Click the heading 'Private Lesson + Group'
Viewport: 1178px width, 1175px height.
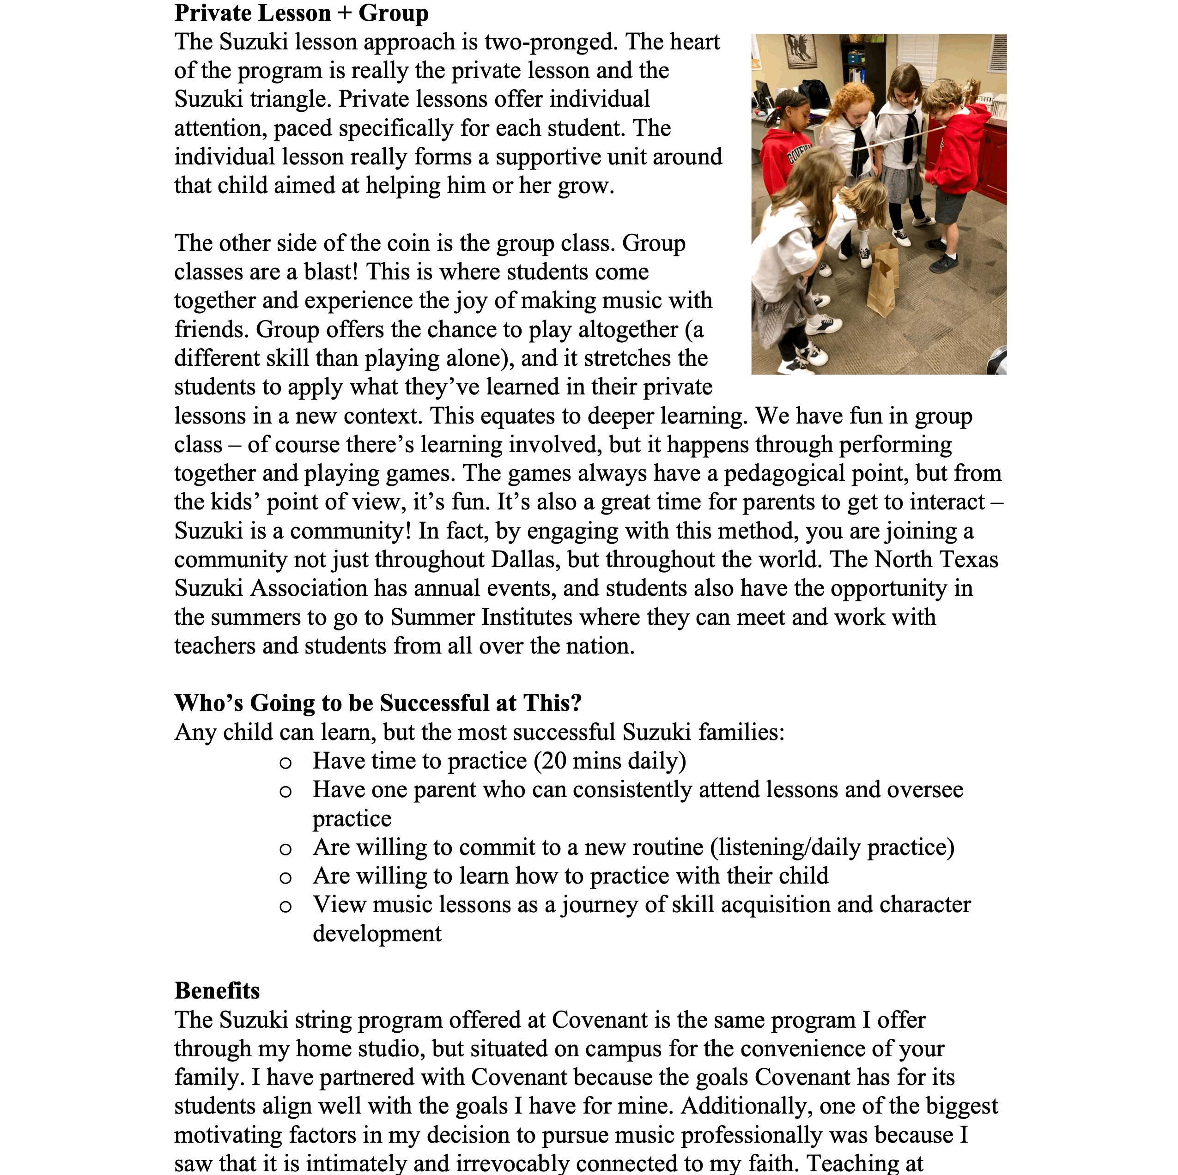pyautogui.click(x=301, y=13)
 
